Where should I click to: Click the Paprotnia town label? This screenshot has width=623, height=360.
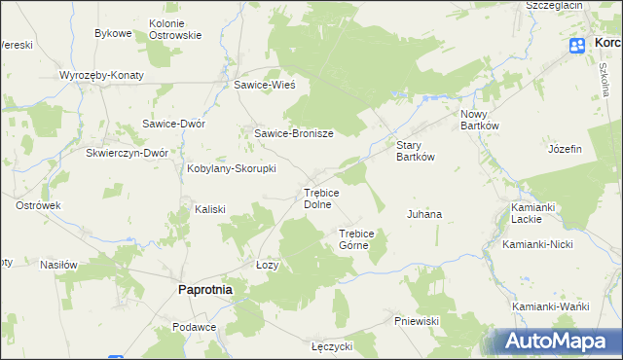204,289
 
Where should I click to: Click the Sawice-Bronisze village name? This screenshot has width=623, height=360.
294,134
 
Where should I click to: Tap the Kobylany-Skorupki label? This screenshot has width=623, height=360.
232,168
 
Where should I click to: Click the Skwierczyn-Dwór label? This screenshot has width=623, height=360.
128,154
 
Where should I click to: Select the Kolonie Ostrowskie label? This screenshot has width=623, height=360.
175,29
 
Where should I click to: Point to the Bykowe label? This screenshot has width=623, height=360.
113,33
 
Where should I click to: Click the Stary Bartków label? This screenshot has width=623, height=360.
414,151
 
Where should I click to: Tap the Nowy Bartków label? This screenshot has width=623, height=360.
478,120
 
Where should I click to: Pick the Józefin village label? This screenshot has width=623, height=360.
565,149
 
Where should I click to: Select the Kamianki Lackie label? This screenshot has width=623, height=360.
532,213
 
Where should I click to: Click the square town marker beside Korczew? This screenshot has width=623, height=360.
575,44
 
